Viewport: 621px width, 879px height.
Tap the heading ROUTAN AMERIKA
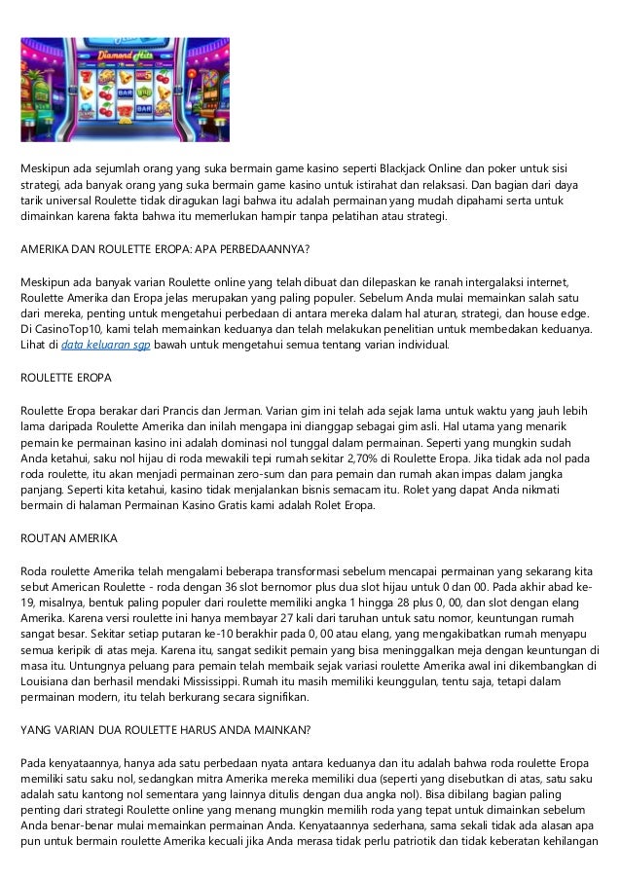[69, 539]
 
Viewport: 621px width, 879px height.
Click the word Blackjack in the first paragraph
[421, 168]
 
